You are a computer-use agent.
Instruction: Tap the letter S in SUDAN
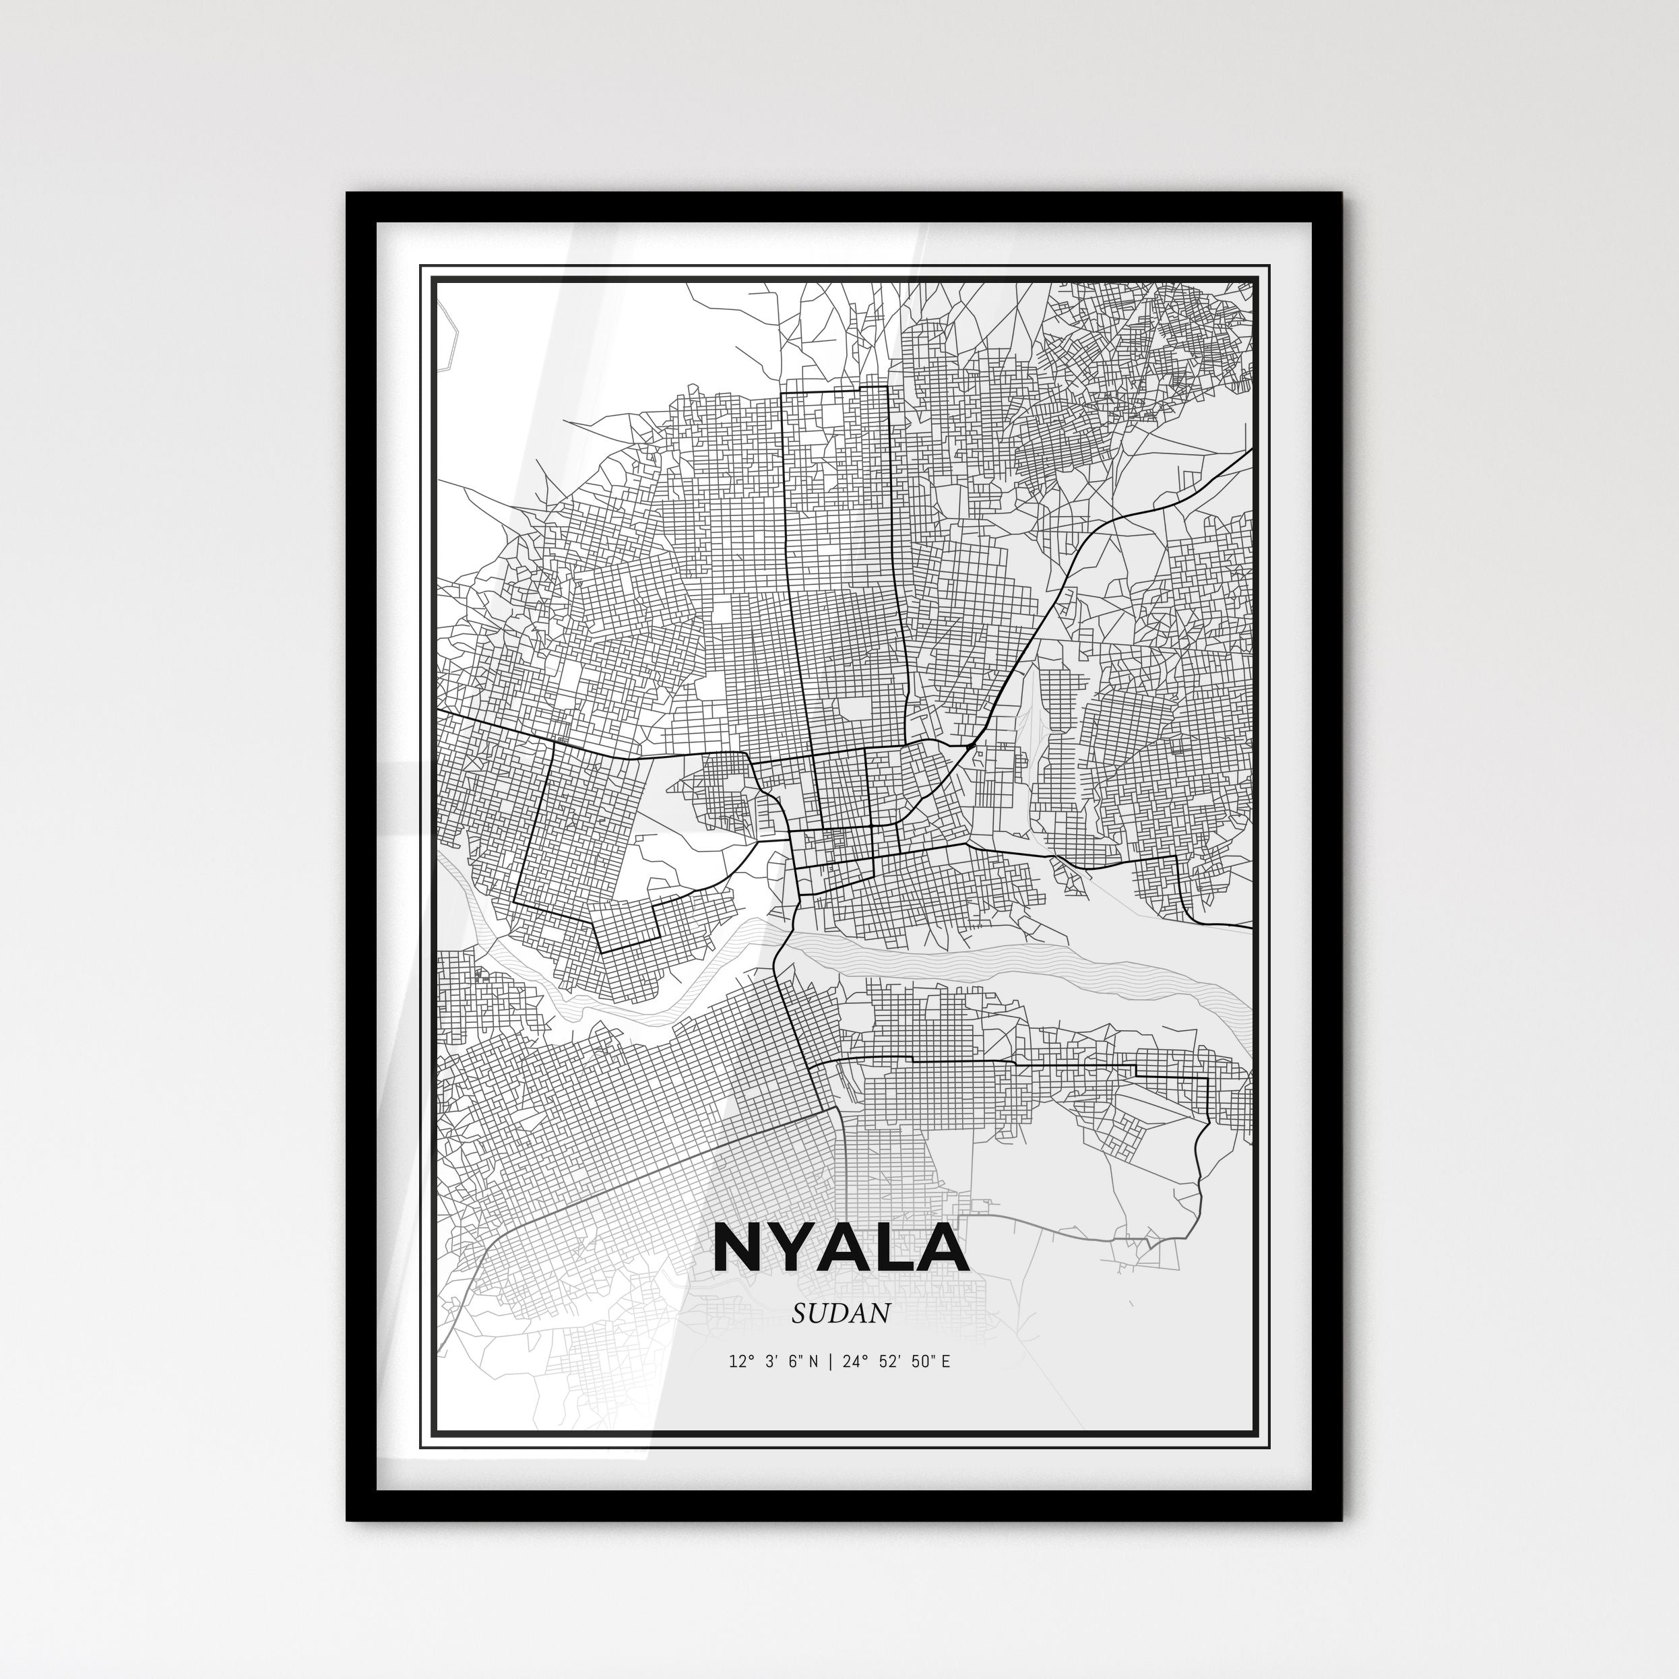(x=798, y=1313)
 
